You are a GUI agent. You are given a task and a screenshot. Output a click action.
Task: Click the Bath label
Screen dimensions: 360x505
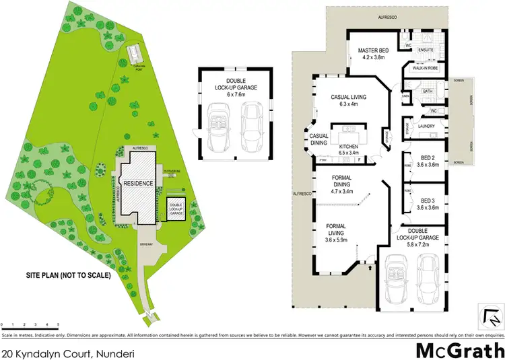[428, 91]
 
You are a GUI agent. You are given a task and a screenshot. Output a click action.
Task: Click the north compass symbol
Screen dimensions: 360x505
[491, 312]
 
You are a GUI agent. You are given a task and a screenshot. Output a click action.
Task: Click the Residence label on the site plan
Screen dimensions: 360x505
[138, 183]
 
